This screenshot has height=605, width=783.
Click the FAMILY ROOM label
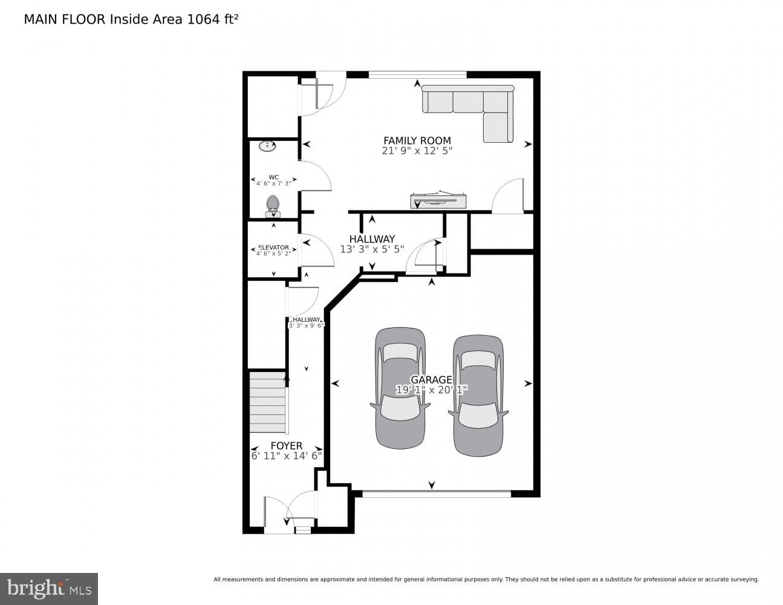417,140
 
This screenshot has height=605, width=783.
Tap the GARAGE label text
431,380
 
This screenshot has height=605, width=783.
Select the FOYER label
287,446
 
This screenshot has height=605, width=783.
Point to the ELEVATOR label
273,247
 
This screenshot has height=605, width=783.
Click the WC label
273,177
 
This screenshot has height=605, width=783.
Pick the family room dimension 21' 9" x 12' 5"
417,151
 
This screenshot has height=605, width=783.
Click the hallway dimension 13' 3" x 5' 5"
372,249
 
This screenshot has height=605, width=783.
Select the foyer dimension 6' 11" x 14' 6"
286,456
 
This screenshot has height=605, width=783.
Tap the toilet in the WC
273,206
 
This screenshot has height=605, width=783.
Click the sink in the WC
267,146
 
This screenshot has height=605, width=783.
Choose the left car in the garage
400,388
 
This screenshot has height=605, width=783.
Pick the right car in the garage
478,396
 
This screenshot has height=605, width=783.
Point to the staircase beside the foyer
268,402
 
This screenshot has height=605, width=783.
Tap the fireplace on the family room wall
438,200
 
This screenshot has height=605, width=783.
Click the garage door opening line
437,494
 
